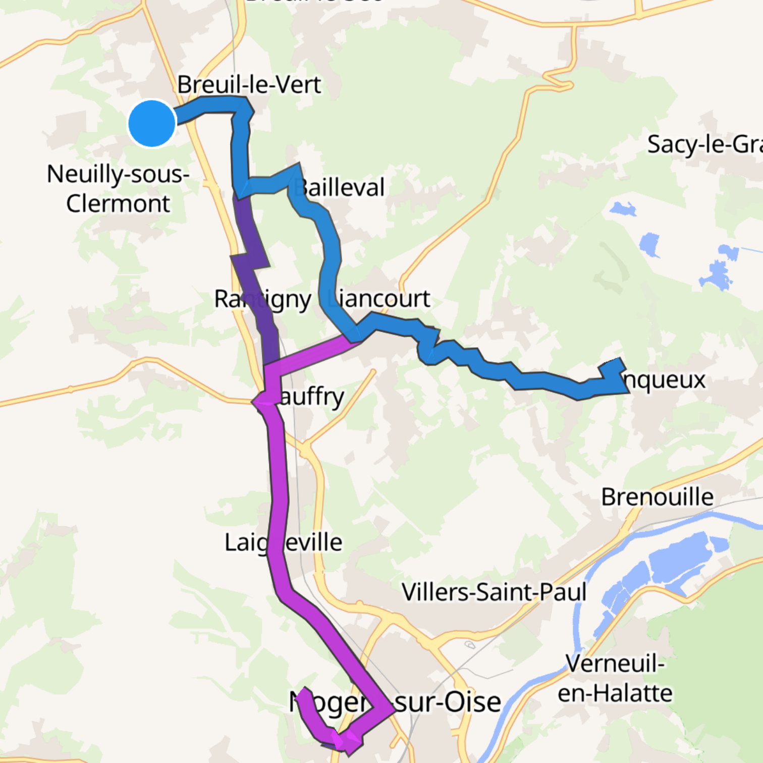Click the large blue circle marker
click(x=152, y=123)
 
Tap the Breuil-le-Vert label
click(x=249, y=84)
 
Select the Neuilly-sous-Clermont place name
click(x=118, y=189)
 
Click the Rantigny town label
click(x=262, y=299)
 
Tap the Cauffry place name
click(x=308, y=397)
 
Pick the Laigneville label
click(x=283, y=542)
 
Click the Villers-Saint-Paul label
click(x=494, y=592)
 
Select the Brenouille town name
click(x=657, y=497)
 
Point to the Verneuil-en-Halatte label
click(x=615, y=678)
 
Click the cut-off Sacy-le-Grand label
click(x=704, y=144)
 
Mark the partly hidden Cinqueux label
click(x=664, y=379)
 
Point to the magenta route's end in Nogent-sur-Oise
click(x=303, y=693)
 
